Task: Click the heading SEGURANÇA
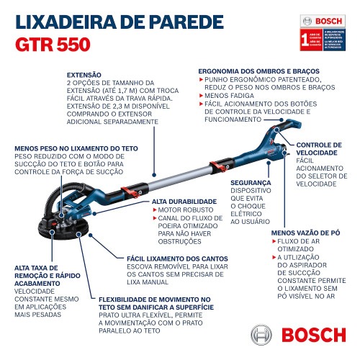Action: pyautogui.click(x=251, y=183)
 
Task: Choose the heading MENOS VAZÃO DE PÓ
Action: pyautogui.click(x=305, y=233)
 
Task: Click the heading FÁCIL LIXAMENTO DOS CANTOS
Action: pyautogui.click(x=177, y=258)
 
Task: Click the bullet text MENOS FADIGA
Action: pyautogui.click(x=228, y=95)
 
